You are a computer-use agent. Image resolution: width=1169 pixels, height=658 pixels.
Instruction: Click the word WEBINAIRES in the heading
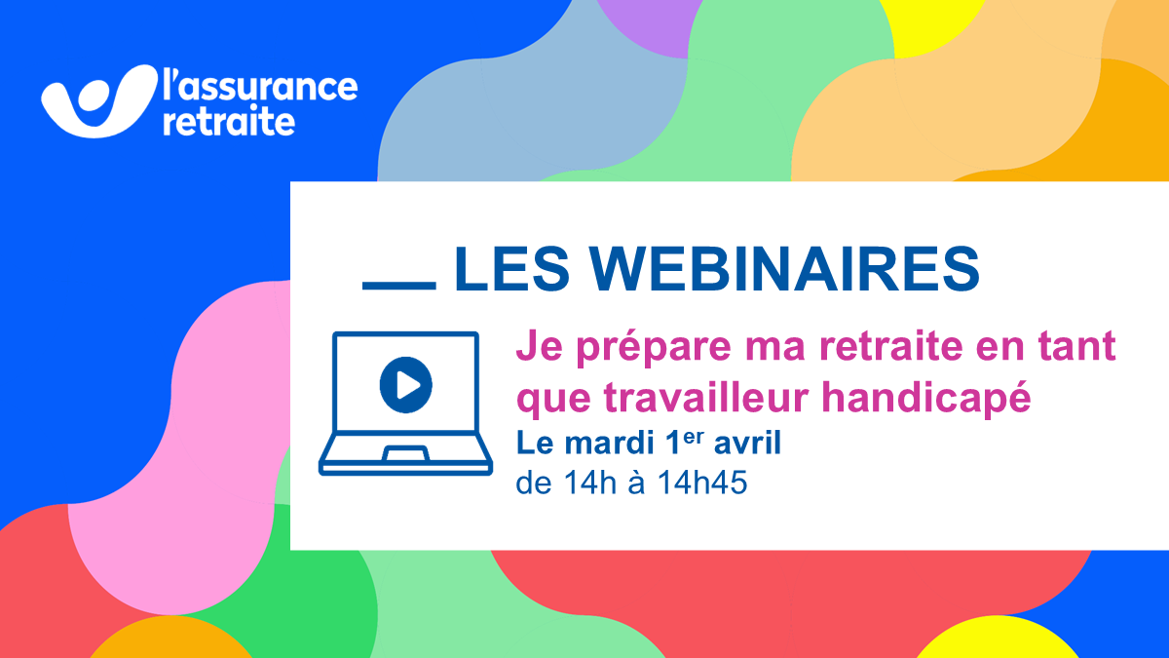[x=784, y=269]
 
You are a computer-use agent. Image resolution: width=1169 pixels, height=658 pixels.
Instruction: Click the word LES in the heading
[x=511, y=269]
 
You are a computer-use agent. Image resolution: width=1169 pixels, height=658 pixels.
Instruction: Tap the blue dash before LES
[x=399, y=287]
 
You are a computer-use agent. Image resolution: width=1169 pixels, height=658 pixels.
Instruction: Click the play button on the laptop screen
[x=406, y=385]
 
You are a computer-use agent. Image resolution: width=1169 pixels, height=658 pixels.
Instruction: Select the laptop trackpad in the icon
[x=406, y=453]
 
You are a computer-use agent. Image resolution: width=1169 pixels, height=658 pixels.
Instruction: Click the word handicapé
[x=926, y=398]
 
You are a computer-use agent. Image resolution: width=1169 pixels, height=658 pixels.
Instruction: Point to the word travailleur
[x=707, y=398]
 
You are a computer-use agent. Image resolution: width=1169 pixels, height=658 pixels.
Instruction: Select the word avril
[x=747, y=443]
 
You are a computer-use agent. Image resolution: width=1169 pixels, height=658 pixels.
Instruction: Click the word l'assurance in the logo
[x=260, y=86]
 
